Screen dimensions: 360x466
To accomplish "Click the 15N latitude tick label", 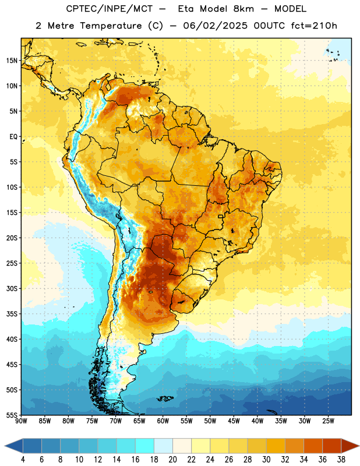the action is click(x=12, y=61).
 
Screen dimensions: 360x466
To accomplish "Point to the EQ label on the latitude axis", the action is click(x=13, y=137).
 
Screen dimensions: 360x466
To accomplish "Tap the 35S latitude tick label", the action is click(x=12, y=314).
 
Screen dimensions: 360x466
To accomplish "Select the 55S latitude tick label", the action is click(x=12, y=415).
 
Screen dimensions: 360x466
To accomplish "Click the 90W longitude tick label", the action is click(x=22, y=421).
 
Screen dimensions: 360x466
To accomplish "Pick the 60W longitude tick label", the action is click(x=163, y=421).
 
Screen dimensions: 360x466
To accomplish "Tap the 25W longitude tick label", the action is click(x=328, y=421).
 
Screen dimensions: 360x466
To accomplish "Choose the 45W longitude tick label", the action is click(x=234, y=421).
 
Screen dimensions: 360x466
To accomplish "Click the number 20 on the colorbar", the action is click(x=172, y=460).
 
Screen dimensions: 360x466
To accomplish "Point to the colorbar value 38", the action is click(x=341, y=460).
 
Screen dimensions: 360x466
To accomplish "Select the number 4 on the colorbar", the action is click(x=23, y=460).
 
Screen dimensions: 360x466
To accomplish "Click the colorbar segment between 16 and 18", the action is click(x=144, y=446).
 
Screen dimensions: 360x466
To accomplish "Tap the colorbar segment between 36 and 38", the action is click(x=332, y=446).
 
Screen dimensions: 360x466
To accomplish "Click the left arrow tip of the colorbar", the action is click(x=5, y=446).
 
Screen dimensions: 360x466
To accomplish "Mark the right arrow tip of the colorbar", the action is click(x=359, y=446).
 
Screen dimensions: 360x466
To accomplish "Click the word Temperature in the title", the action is click(x=111, y=26).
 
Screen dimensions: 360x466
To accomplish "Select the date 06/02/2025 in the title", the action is click(x=215, y=26).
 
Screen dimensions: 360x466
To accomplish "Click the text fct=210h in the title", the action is click(x=314, y=26).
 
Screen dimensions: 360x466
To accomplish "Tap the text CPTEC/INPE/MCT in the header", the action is click(x=110, y=9).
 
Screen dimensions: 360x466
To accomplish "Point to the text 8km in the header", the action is click(x=243, y=9).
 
